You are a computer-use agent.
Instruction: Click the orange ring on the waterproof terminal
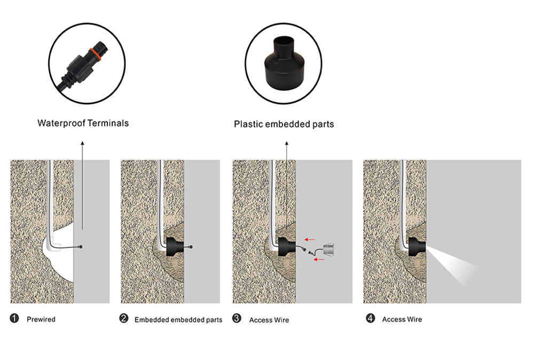tap(95, 53)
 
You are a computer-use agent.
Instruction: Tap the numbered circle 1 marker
tap(14, 318)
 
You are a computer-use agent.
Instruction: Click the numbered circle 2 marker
tap(124, 318)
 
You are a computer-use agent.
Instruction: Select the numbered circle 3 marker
tap(237, 318)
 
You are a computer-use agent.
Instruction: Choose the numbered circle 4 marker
tap(370, 318)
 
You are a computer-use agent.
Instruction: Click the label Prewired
tap(41, 319)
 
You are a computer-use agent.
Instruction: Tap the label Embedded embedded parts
tap(178, 320)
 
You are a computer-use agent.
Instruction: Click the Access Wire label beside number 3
tap(269, 320)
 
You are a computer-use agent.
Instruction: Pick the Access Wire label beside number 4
tap(402, 319)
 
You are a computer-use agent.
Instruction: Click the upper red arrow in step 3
tap(310, 239)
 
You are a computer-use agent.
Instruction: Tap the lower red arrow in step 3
tap(319, 260)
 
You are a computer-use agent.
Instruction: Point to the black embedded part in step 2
tap(175, 247)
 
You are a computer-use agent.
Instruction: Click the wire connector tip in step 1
tap(81, 247)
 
